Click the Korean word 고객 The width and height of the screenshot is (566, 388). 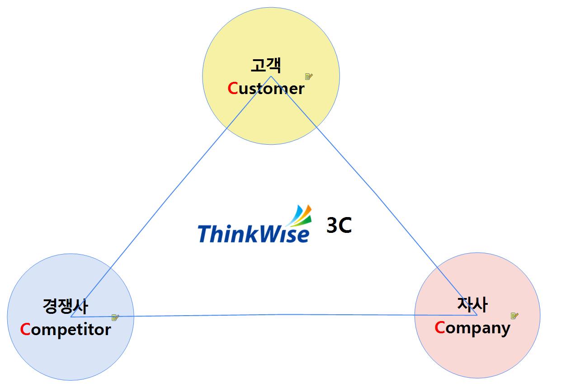pos(266,66)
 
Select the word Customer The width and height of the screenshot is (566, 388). pos(266,88)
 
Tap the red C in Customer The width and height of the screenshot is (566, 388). pos(232,88)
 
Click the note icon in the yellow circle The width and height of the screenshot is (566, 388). pos(309,76)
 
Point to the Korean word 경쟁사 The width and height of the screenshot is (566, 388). pos(65,306)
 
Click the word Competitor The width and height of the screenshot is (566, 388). pos(66,329)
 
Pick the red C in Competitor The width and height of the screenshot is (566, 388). pos(25,329)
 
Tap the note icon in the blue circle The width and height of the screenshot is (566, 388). pos(115,317)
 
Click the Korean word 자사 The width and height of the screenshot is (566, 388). pos(472,304)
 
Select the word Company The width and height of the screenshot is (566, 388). pos(472,328)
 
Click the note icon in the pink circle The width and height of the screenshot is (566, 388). pos(514,316)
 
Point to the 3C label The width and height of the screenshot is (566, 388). pos(339,225)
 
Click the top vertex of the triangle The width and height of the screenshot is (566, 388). pos(271,76)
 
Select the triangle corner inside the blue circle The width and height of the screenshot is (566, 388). pos(71,317)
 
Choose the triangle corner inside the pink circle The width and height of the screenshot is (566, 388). pos(476,315)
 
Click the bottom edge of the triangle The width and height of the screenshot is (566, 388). pos(280,315)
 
